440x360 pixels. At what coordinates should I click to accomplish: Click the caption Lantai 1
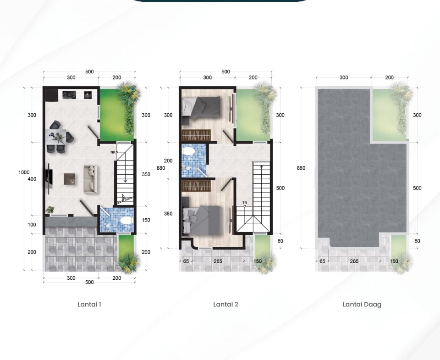coord(89,304)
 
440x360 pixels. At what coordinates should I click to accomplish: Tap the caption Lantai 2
coord(225,304)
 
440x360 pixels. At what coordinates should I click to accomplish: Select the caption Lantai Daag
coord(362,305)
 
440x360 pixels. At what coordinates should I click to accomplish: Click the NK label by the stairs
coord(113,152)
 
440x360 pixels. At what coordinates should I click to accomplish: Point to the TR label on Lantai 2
coord(245,203)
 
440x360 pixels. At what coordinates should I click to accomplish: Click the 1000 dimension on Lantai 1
coord(24,172)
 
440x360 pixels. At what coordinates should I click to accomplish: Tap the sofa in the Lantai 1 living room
coord(90,179)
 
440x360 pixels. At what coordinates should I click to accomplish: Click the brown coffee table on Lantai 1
coord(69,179)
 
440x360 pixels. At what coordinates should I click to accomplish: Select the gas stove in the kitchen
coord(69,95)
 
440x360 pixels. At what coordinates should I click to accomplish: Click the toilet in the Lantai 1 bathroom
coord(126,221)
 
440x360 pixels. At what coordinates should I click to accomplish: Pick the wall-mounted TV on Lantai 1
coord(48,178)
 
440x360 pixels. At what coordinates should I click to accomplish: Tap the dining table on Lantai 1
coord(56,137)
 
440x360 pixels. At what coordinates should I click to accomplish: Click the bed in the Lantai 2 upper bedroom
coord(201,107)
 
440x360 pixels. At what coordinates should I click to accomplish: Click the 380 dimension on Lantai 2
coord(168,214)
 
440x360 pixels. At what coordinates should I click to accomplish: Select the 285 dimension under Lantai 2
coord(218,261)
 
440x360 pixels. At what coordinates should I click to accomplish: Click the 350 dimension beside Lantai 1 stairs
coord(146,174)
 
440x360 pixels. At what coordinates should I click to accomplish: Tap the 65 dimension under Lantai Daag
coord(322,261)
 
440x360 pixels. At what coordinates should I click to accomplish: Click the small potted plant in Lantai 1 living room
coord(50,210)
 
